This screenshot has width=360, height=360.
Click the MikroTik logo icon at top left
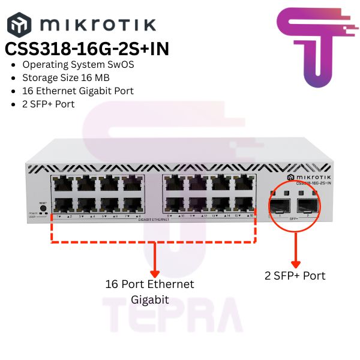(x=17, y=25)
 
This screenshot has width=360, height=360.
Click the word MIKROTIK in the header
(x=97, y=25)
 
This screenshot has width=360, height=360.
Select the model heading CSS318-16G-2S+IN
(x=86, y=49)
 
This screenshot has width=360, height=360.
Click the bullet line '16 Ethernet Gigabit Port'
(x=78, y=91)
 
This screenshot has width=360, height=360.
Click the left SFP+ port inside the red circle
(x=280, y=208)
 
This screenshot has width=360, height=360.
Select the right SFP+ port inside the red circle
(x=307, y=208)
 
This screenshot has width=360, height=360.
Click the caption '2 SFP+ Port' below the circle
(x=295, y=276)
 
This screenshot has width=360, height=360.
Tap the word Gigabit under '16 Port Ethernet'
(x=150, y=298)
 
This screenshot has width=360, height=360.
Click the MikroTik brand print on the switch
(x=310, y=178)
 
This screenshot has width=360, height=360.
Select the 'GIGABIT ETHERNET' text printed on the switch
(x=153, y=220)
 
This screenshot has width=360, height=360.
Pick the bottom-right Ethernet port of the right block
(x=242, y=203)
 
